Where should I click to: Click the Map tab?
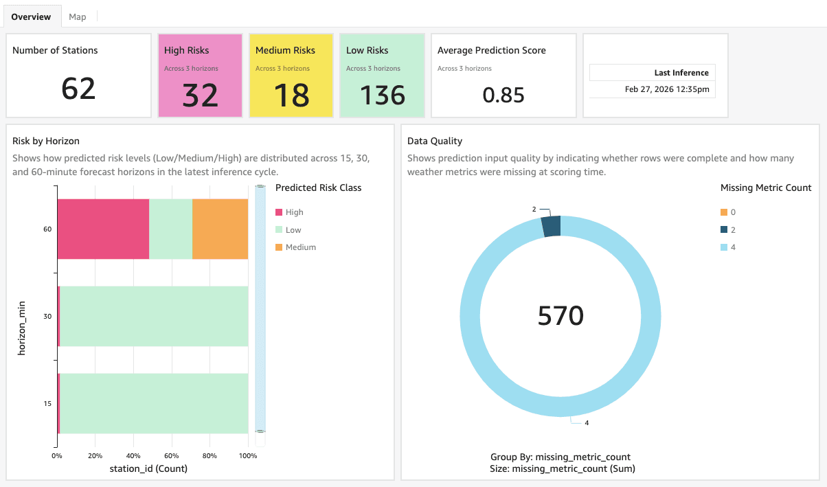click(x=78, y=16)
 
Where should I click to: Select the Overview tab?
click(x=31, y=16)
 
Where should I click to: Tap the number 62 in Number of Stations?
click(x=78, y=89)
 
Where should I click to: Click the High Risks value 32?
click(x=200, y=95)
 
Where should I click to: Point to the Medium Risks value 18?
click(x=291, y=95)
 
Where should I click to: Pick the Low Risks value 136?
click(x=383, y=95)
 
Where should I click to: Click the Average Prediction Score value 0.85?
click(x=503, y=95)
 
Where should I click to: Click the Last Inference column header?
click(x=681, y=73)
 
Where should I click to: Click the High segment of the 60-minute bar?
click(x=103, y=229)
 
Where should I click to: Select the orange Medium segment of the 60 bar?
click(x=220, y=229)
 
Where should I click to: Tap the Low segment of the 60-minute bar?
click(x=170, y=229)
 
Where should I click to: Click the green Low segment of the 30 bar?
click(x=155, y=316)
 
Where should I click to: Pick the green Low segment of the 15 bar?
click(x=155, y=403)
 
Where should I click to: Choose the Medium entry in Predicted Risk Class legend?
click(x=300, y=247)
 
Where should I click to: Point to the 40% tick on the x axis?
click(x=133, y=455)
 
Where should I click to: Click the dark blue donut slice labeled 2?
click(x=552, y=227)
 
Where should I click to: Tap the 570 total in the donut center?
click(x=560, y=315)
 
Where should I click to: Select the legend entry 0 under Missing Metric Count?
click(x=733, y=212)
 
